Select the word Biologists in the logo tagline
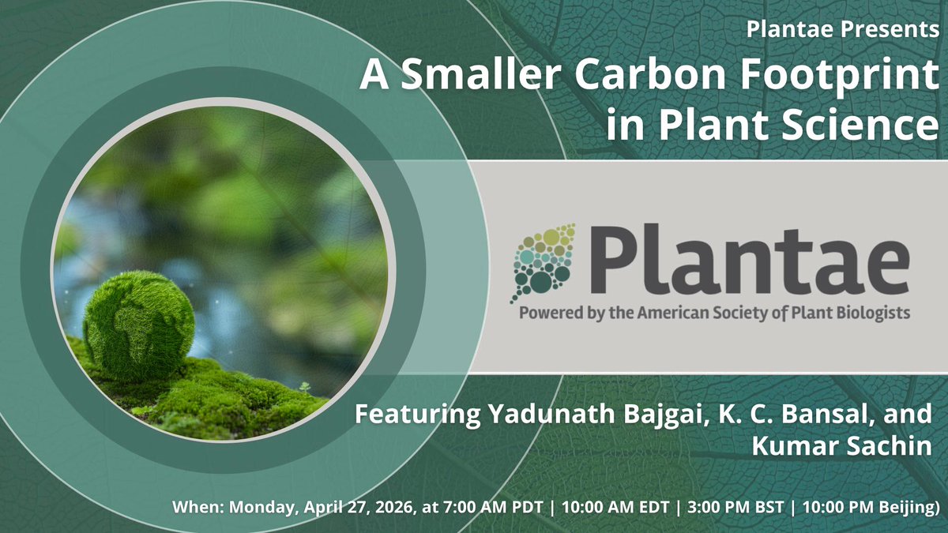[873, 312]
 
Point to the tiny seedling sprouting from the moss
[303, 388]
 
